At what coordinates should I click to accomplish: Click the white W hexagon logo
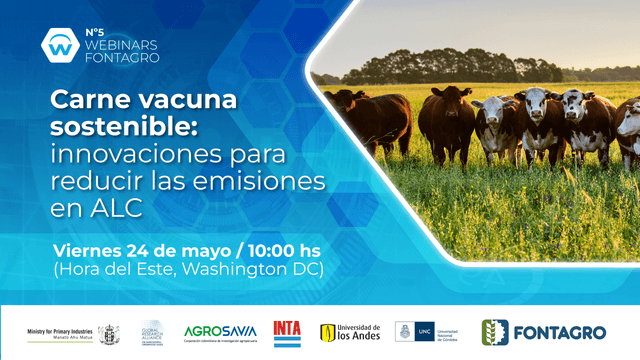point(58,44)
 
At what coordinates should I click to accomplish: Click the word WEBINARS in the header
point(121,43)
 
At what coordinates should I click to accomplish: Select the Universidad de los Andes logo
point(350,332)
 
